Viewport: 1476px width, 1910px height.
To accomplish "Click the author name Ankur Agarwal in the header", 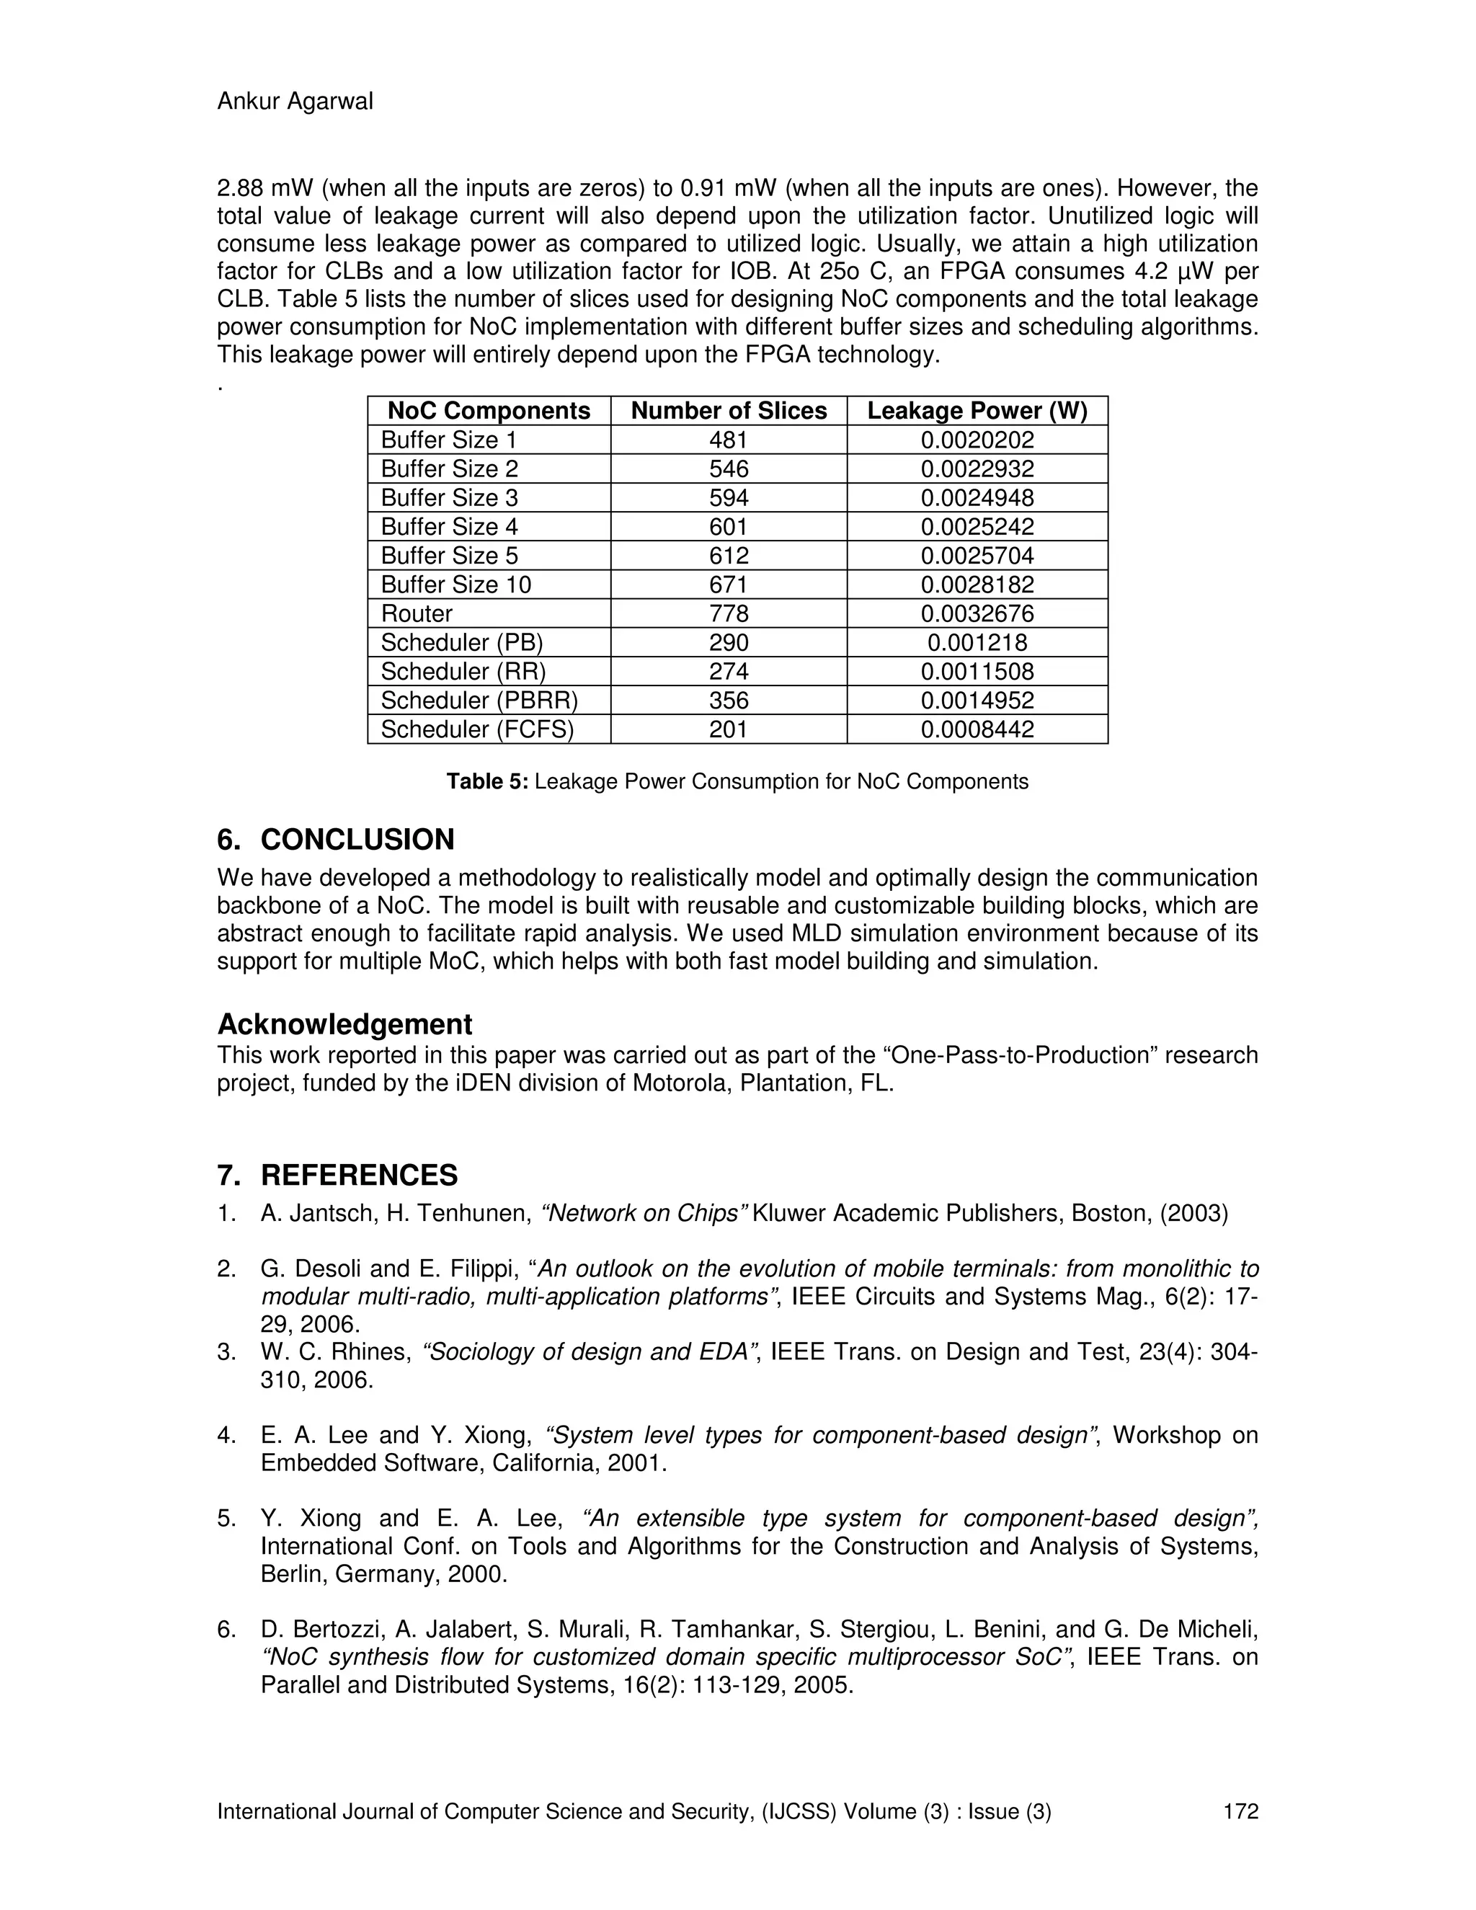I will (x=295, y=102).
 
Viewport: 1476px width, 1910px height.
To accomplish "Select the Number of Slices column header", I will (x=729, y=411).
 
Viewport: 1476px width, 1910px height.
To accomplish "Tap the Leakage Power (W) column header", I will (x=977, y=411).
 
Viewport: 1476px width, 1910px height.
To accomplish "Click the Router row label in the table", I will (x=417, y=613).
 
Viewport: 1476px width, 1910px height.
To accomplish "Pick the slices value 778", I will (x=729, y=613).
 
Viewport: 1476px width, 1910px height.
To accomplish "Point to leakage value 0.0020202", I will (x=977, y=440).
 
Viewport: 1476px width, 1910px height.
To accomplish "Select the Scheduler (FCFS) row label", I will (x=477, y=729).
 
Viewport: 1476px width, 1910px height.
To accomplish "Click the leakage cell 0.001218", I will (x=977, y=642).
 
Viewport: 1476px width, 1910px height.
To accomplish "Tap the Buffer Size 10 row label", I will (x=455, y=585).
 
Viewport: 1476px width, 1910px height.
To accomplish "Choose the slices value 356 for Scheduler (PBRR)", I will (x=729, y=700).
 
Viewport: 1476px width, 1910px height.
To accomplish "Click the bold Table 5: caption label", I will (x=487, y=781).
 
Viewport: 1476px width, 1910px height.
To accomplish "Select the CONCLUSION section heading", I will (x=357, y=840).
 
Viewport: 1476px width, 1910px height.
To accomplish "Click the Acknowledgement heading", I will (x=344, y=1024).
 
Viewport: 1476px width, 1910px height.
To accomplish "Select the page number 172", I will (x=1240, y=1811).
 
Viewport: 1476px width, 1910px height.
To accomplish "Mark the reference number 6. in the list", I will (x=226, y=1630).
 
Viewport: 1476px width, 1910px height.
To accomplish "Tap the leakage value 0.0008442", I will (x=977, y=729).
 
